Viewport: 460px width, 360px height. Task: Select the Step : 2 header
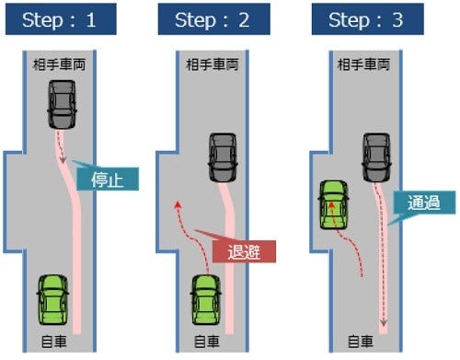click(x=213, y=19)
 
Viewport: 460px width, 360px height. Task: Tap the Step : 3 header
click(x=364, y=19)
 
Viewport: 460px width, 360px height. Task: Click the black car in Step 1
click(x=62, y=105)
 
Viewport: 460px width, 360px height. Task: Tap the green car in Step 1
click(x=52, y=298)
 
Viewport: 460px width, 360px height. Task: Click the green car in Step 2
click(x=207, y=298)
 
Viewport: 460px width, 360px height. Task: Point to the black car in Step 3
click(x=376, y=157)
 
